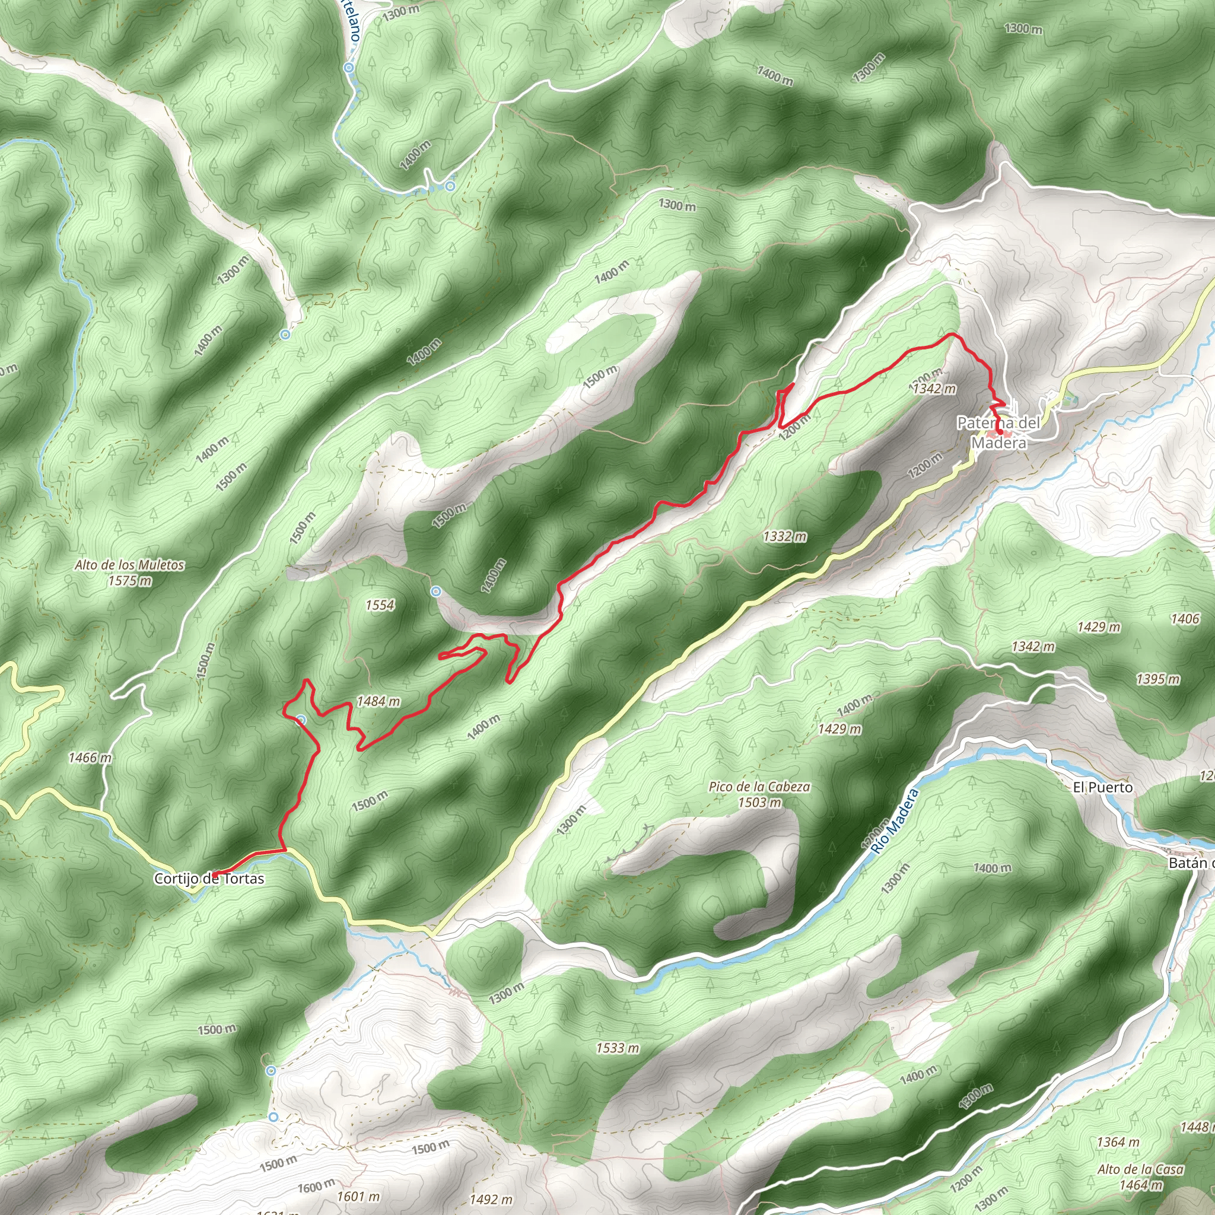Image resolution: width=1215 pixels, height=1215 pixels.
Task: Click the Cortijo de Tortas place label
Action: (209, 879)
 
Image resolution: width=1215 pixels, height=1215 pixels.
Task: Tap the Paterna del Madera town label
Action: (998, 432)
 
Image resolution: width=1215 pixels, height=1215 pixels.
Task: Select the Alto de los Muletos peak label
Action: (129, 572)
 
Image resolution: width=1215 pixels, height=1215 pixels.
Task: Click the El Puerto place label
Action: (1102, 787)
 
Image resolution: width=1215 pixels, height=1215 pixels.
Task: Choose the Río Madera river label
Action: (895, 821)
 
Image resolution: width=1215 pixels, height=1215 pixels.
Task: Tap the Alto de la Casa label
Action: (1141, 1176)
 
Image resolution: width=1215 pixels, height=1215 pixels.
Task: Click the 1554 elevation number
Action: (380, 605)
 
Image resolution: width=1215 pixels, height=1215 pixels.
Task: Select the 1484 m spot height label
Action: (378, 701)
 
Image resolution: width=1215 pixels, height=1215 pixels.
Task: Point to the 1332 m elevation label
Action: (785, 536)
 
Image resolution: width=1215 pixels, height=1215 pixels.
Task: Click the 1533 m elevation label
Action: (618, 1048)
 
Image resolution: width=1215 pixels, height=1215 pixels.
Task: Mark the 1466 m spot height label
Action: (90, 758)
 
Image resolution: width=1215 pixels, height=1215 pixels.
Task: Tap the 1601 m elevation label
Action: (358, 1196)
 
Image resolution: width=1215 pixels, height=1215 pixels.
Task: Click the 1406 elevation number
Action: (1185, 619)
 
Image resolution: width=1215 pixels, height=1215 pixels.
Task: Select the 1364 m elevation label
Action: (1118, 1142)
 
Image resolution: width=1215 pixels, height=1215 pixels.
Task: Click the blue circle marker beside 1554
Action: (437, 591)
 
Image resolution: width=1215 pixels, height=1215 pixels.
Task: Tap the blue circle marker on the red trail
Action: (301, 720)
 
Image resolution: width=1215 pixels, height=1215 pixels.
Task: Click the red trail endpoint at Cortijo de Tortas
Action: (214, 874)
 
